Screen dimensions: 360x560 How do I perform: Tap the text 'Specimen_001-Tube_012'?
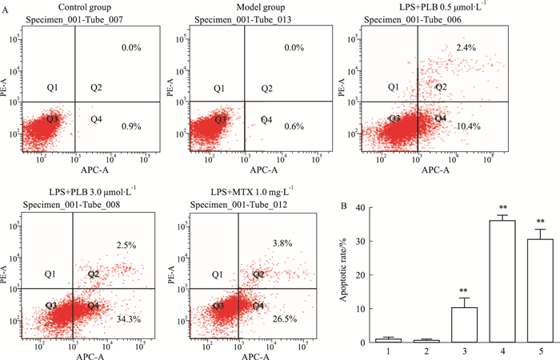pos(238,206)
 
